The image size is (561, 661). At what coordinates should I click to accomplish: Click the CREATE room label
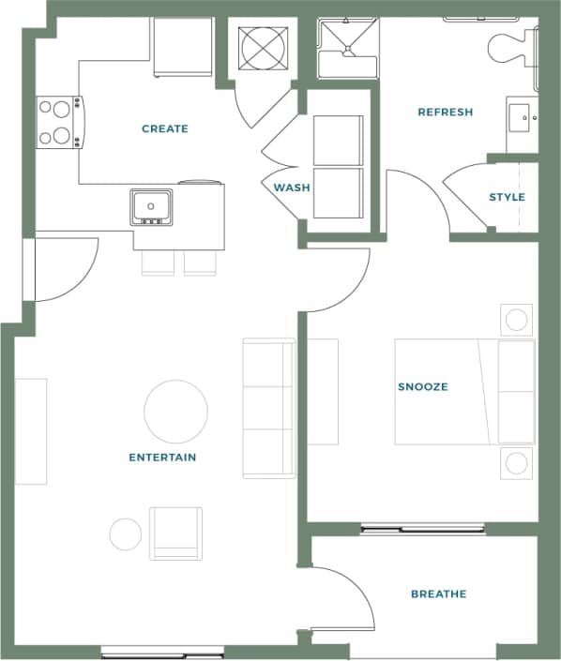click(165, 128)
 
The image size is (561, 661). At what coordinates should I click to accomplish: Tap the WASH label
click(292, 188)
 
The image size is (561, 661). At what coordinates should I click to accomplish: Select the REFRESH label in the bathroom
click(445, 113)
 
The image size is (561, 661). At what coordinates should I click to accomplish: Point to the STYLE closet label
click(507, 197)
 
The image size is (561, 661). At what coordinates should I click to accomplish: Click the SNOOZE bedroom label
click(422, 386)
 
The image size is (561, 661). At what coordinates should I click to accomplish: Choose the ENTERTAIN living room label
click(162, 458)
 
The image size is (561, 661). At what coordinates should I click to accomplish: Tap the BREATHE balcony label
click(438, 593)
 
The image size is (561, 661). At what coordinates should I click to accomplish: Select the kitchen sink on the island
click(151, 205)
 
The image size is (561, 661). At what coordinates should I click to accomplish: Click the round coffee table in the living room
click(176, 412)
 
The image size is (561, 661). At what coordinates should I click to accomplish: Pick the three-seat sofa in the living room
click(268, 409)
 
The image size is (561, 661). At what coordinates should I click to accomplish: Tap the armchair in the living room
click(176, 533)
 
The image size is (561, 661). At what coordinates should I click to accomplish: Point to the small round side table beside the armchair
click(125, 533)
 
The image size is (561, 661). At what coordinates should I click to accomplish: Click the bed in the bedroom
click(464, 391)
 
